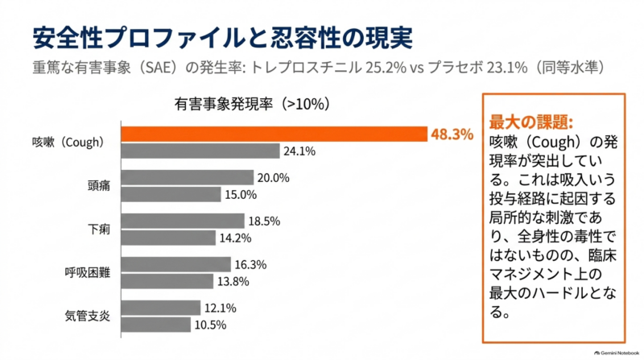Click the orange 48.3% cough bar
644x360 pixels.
[275, 134]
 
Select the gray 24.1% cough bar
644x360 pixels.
[200, 151]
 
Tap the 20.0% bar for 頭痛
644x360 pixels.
[188, 177]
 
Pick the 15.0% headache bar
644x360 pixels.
[171, 194]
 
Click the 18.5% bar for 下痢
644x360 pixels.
[183, 221]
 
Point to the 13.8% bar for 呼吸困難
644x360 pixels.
[167, 282]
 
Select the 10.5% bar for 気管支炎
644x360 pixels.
[156, 325]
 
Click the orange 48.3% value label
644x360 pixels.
[452, 134]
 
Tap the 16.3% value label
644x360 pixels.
[250, 265]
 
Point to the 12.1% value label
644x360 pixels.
[221, 308]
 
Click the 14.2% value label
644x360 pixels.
[235, 238]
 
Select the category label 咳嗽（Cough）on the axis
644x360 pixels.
[68, 143]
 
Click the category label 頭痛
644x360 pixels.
[99, 186]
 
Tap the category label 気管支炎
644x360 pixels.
[88, 316]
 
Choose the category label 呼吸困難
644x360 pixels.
[88, 272]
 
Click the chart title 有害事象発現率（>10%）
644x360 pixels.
[252, 104]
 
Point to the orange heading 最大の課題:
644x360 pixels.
[531, 122]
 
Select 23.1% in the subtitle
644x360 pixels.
[507, 68]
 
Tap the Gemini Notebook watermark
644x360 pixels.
[617, 353]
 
